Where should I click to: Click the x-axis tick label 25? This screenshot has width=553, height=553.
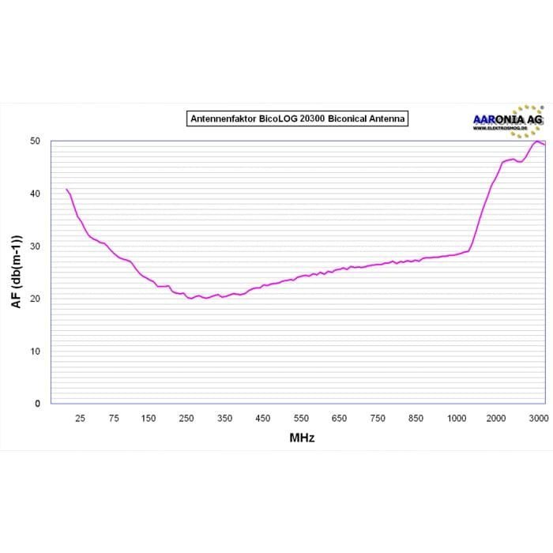[x=80, y=418]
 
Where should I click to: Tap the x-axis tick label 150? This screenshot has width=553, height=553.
[x=149, y=418]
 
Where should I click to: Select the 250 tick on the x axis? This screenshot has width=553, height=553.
[x=187, y=418]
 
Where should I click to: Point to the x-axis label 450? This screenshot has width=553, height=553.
[x=264, y=418]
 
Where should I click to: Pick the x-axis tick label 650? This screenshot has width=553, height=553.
[x=340, y=418]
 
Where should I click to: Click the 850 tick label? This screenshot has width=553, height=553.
[x=416, y=418]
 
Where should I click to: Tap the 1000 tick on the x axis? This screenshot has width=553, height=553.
[x=457, y=418]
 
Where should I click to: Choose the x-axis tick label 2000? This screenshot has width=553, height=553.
[x=496, y=418]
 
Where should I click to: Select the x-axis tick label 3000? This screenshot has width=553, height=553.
[x=537, y=418]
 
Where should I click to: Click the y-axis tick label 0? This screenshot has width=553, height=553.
[x=37, y=404]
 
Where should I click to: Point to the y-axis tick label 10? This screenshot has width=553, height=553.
[x=35, y=351]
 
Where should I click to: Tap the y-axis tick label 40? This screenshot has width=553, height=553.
[x=35, y=194]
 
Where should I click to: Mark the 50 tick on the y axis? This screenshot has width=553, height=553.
[x=35, y=141]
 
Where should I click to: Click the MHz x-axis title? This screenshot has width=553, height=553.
[x=302, y=438]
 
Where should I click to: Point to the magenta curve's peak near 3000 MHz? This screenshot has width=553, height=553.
[x=537, y=141]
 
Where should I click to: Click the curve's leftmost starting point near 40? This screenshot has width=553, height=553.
[x=66, y=190]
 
